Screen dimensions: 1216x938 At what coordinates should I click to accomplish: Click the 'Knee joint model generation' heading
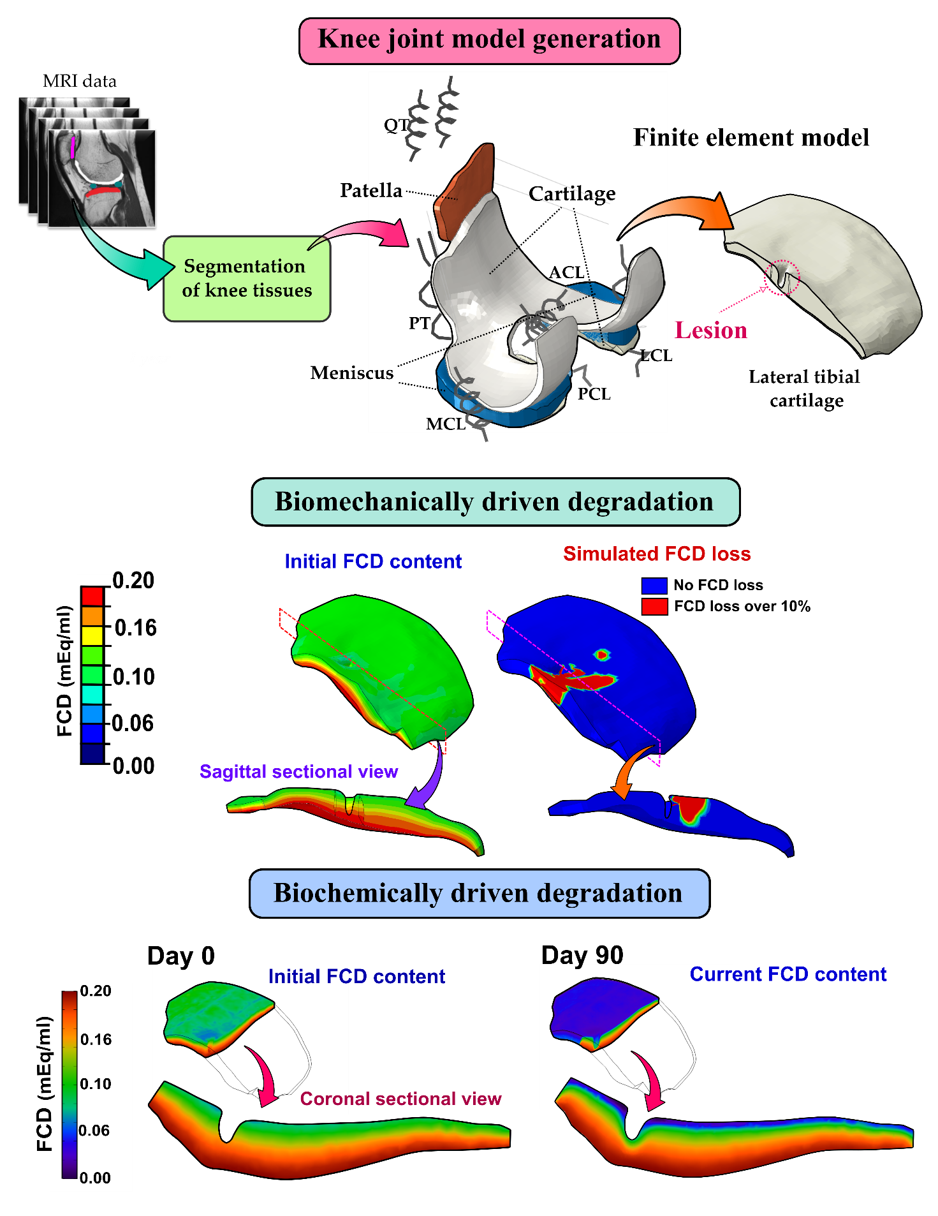489,40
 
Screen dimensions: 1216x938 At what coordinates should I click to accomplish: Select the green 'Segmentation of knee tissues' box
247,278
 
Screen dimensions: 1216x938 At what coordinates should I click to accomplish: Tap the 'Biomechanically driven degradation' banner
495,502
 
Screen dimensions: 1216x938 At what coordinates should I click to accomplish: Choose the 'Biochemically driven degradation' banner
479,893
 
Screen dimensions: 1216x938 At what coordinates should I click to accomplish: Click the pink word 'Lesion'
710,330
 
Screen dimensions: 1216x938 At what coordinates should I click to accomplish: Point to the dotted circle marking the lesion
781,278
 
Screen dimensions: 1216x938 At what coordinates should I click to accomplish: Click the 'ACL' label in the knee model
566,272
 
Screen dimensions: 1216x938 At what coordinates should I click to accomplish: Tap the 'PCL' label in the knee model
594,394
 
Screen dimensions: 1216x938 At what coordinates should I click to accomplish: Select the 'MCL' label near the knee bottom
445,424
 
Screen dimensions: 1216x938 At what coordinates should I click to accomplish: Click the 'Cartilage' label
572,193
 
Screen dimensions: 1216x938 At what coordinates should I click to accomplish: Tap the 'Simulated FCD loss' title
657,554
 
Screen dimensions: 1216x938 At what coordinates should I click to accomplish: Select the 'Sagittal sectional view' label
298,771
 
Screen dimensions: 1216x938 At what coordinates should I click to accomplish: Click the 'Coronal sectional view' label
400,1099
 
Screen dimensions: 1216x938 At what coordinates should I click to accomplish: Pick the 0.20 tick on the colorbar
96,991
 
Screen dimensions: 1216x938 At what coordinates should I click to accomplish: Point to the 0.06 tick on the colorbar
94,1131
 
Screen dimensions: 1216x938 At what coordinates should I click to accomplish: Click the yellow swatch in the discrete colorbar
92,635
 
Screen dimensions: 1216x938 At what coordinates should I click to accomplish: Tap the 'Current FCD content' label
788,974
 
